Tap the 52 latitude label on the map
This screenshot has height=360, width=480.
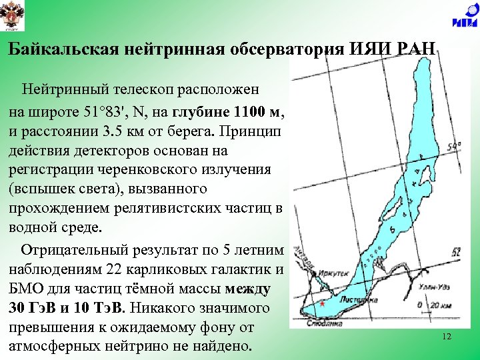click(456, 252)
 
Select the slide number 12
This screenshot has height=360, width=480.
click(447, 337)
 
